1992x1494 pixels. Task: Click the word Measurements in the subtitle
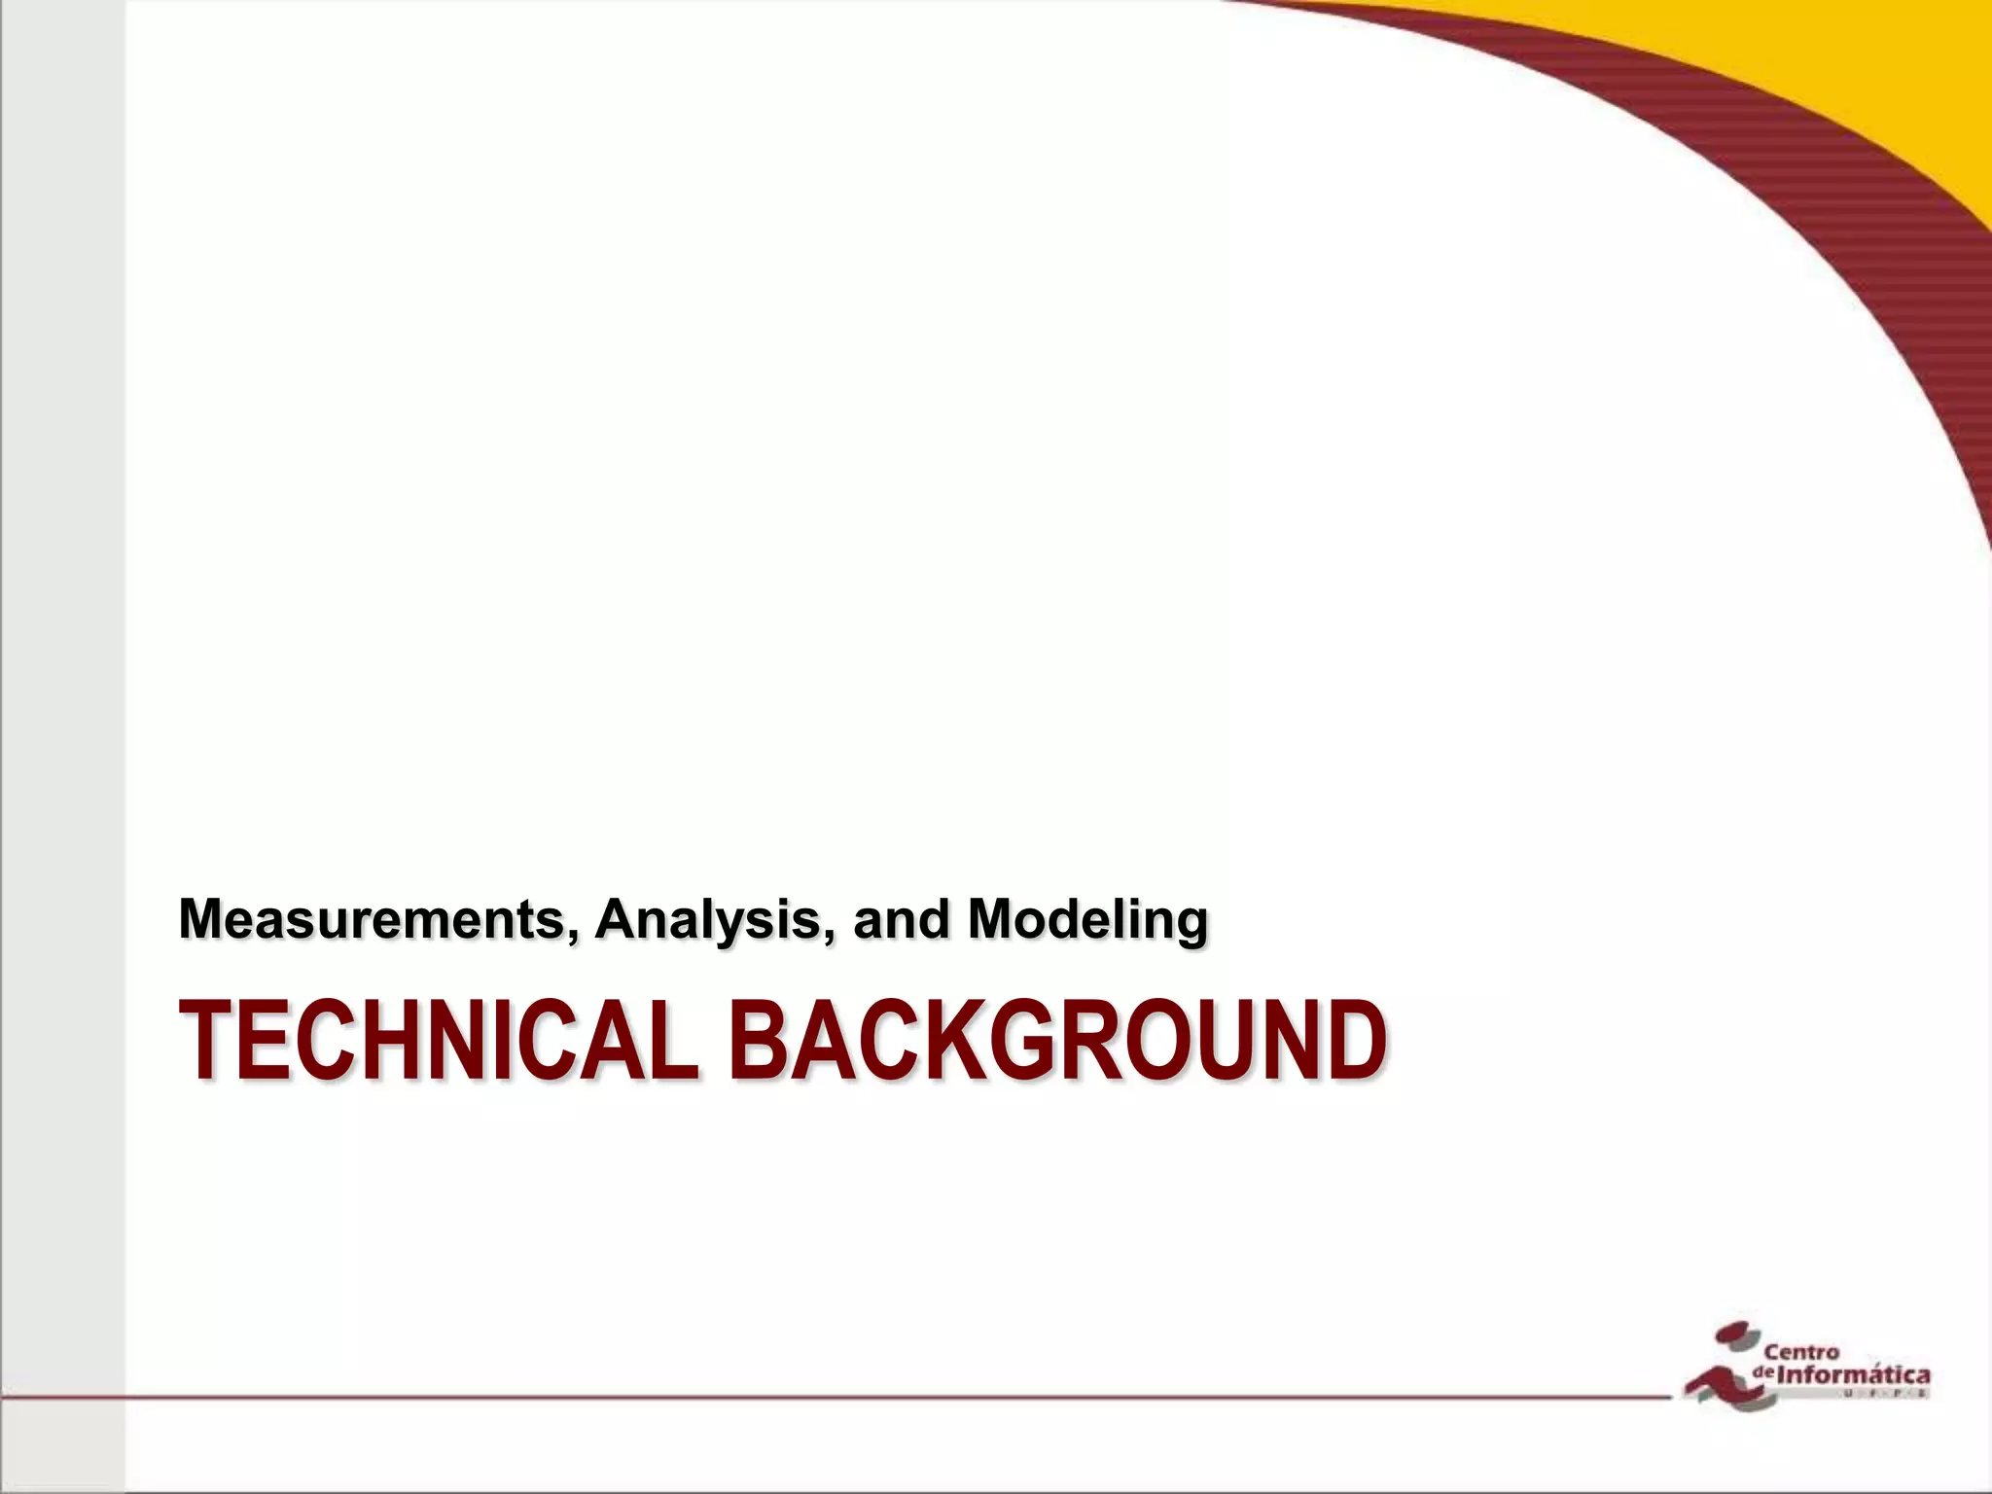[371, 918]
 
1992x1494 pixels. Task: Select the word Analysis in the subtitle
[708, 918]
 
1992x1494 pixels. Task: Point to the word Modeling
[1087, 920]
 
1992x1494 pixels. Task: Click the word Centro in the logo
[1801, 1352]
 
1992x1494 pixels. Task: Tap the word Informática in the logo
[1853, 1375]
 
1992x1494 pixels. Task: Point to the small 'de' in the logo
[1762, 1371]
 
